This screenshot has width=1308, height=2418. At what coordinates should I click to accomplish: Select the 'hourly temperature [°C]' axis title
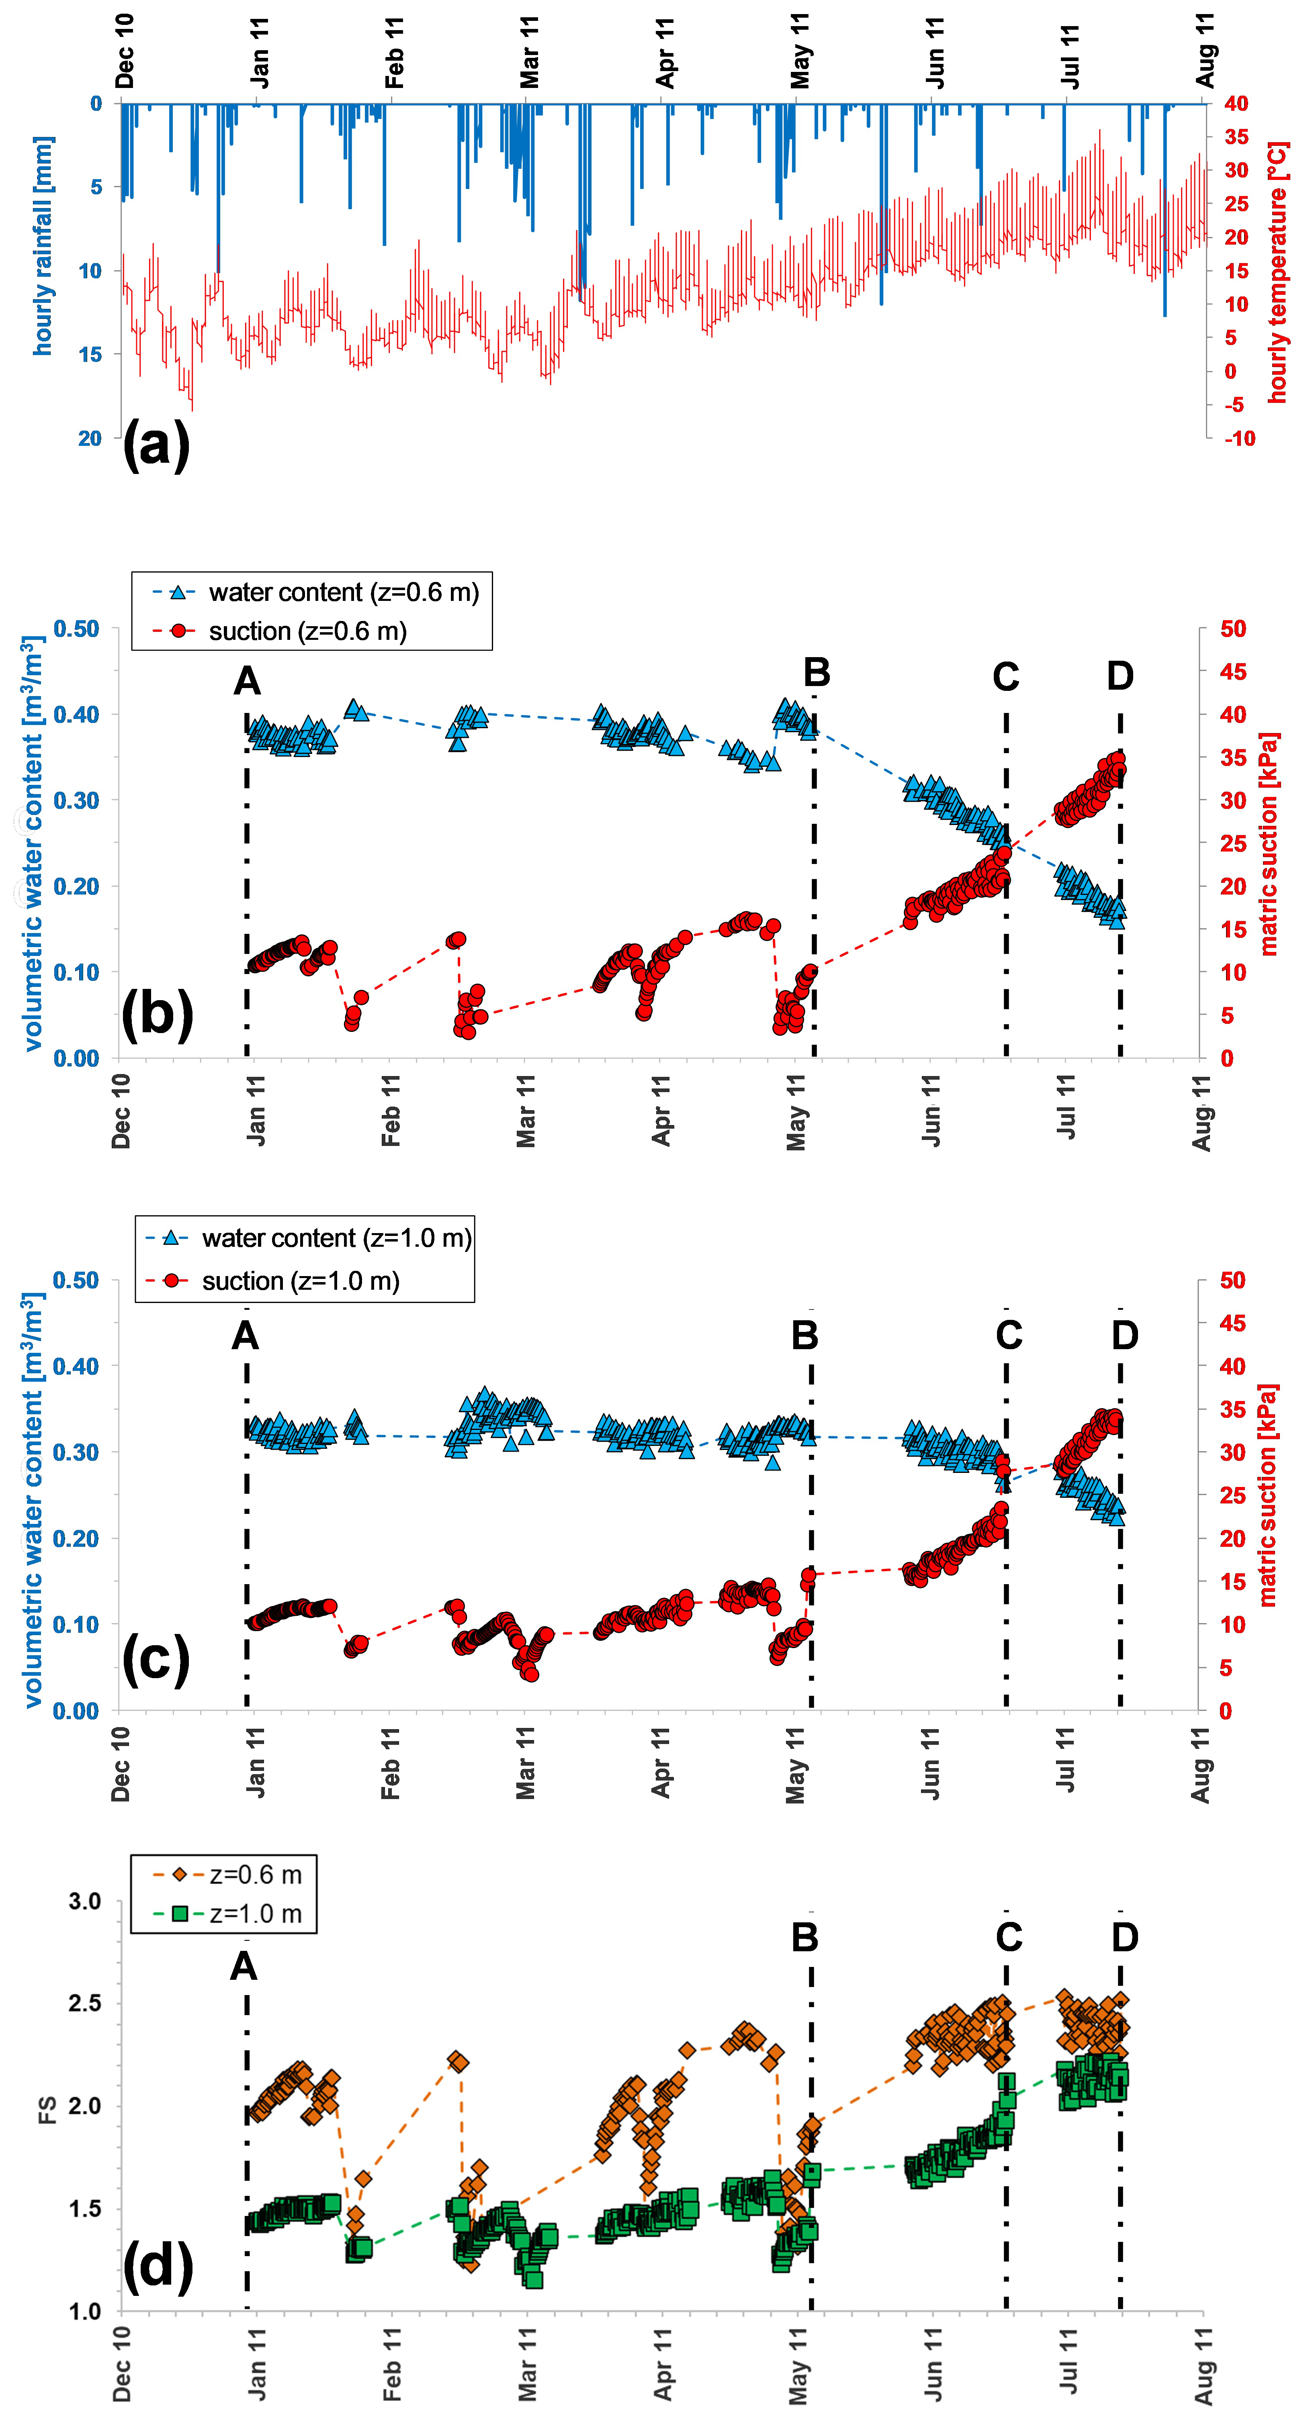point(1277,272)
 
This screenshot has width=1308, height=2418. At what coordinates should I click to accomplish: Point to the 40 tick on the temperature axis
point(1236,103)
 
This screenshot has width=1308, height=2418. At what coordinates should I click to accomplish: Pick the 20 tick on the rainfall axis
point(90,438)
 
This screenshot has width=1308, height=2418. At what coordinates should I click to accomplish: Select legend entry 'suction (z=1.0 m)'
point(301,1281)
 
